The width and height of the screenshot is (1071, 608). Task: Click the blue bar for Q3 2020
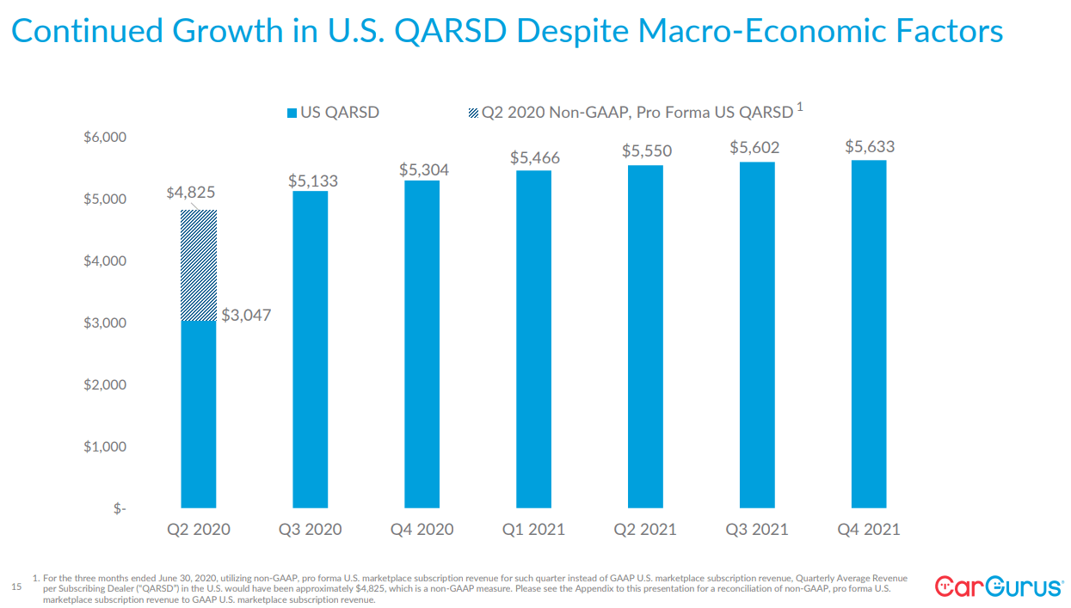(310, 348)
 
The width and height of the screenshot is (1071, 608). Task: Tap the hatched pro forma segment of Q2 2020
(199, 265)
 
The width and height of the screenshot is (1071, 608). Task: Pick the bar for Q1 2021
(533, 339)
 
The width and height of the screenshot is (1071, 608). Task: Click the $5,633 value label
(870, 147)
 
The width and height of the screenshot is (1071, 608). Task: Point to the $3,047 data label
(246, 316)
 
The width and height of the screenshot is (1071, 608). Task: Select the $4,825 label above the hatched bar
(190, 193)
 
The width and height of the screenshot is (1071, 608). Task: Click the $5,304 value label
(423, 170)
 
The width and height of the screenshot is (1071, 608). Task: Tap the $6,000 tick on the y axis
(104, 138)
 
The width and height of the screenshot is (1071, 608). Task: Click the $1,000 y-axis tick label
(104, 447)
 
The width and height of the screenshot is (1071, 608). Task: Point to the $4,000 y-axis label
(104, 261)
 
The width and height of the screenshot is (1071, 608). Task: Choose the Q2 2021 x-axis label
(645, 529)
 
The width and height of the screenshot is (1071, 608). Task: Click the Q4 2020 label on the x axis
(422, 529)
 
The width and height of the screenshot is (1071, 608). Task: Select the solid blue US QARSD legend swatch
(292, 113)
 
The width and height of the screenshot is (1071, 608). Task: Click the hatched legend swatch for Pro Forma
(472, 113)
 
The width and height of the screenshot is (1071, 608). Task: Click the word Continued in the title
(86, 32)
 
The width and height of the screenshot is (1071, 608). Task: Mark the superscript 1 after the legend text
(800, 107)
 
